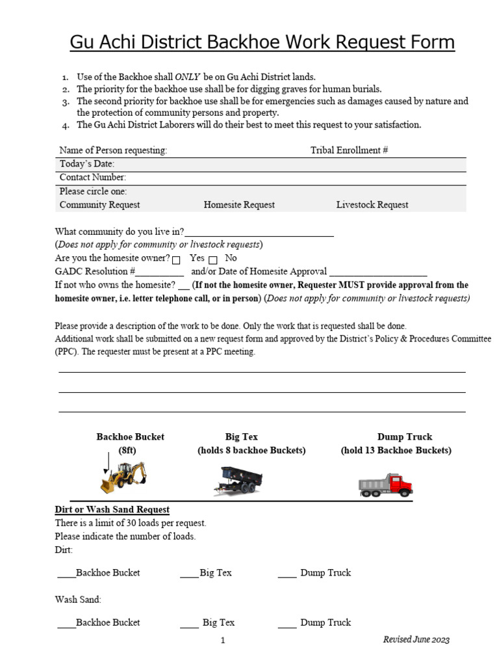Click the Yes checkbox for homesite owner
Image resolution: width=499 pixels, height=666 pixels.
(x=176, y=260)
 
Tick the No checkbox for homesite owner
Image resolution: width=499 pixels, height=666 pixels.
(x=212, y=260)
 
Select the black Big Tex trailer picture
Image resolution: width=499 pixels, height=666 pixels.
(x=237, y=481)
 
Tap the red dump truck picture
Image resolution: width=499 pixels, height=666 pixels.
(x=385, y=485)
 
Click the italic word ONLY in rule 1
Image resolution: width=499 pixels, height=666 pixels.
(x=188, y=77)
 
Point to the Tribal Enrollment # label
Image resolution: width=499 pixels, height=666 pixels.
(x=349, y=150)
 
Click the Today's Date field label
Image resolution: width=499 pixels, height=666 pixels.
(x=87, y=164)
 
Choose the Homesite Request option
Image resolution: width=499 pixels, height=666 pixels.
(x=239, y=205)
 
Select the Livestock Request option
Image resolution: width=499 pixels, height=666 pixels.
(x=372, y=205)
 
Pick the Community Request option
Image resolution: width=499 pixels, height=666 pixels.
(x=99, y=205)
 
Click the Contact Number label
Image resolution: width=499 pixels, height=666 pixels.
(x=93, y=178)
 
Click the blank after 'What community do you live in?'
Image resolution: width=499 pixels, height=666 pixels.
(x=259, y=233)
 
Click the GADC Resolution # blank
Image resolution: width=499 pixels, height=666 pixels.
(x=160, y=272)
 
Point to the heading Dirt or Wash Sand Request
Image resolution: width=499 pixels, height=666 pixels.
(x=112, y=510)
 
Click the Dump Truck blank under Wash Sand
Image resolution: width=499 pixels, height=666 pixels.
(x=287, y=623)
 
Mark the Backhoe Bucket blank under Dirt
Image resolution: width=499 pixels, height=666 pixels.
(x=66, y=574)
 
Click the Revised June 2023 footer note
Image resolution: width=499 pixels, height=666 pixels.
(x=416, y=640)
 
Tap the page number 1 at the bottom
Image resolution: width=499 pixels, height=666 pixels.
(x=223, y=641)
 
